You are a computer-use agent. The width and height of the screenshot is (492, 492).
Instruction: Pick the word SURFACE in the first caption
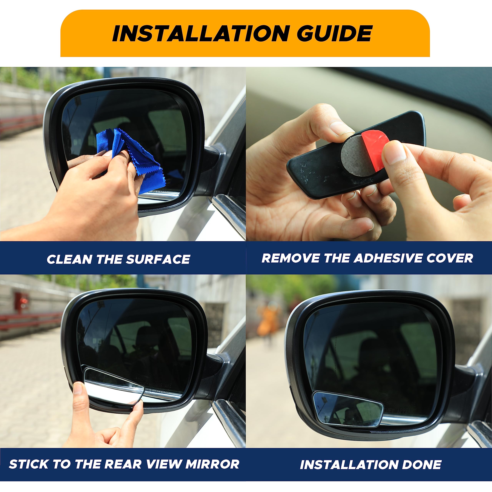click(x=158, y=259)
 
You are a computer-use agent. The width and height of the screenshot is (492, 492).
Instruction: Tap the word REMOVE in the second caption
click(x=291, y=258)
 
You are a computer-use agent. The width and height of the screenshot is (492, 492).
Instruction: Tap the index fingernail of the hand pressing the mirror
click(x=78, y=389)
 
